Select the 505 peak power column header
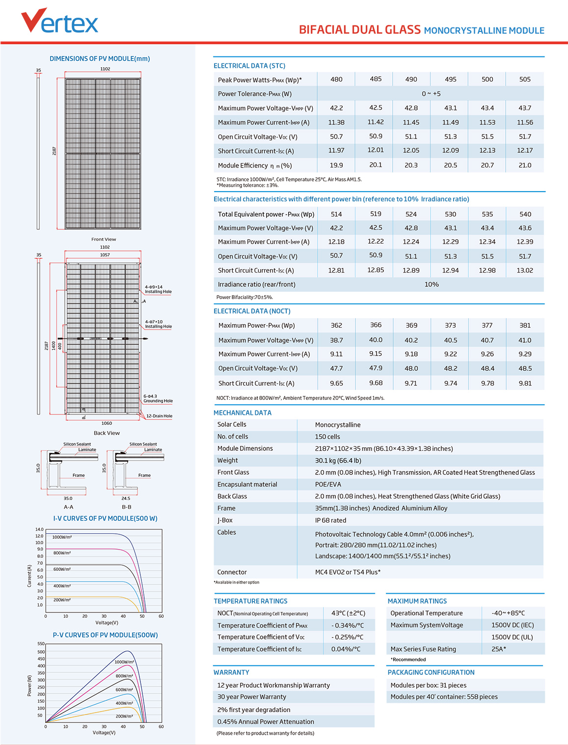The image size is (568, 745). [x=525, y=79]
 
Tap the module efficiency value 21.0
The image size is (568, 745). [x=525, y=166]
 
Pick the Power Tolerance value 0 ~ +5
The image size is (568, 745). [x=431, y=94]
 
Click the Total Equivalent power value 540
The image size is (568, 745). [x=525, y=214]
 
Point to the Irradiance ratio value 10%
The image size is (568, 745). [x=432, y=284]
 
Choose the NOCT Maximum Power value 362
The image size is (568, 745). [x=336, y=325]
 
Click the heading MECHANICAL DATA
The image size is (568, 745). [x=242, y=413]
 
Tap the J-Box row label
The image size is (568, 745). [x=225, y=520]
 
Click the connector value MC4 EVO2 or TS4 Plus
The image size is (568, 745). [x=348, y=572]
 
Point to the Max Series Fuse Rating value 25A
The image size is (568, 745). [x=498, y=649]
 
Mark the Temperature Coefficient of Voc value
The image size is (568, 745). [x=347, y=637]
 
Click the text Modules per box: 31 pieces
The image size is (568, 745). [x=428, y=685]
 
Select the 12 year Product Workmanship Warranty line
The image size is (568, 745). [x=273, y=685]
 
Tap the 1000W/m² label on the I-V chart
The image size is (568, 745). [x=62, y=537]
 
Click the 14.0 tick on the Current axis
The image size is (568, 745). [x=39, y=529]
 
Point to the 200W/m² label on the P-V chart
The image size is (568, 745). [x=124, y=716]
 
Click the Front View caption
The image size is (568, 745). [x=104, y=239]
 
